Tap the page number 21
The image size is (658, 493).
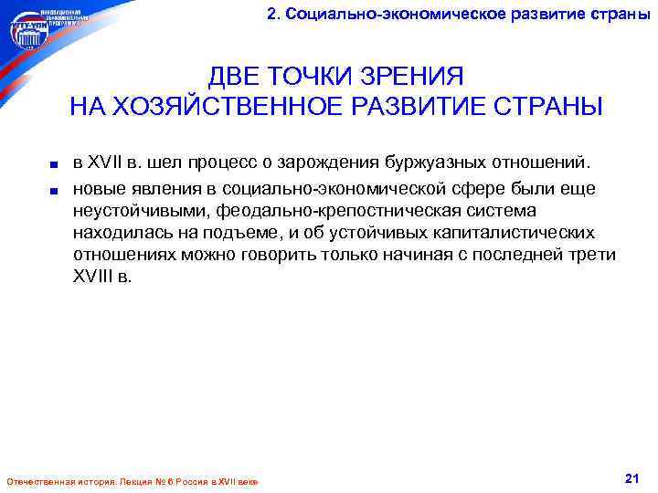[630, 477]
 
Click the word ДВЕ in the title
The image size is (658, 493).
[237, 75]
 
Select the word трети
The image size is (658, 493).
[593, 254]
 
